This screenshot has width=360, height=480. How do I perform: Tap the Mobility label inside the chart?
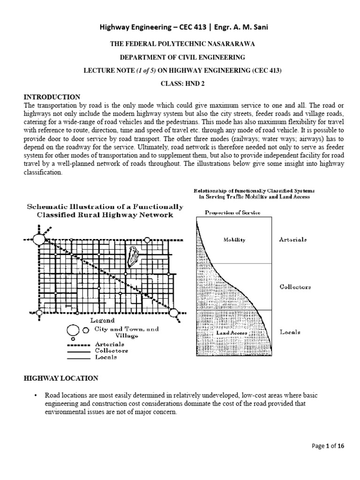pos(234,239)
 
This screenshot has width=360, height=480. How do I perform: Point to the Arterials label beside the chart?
pos(293,239)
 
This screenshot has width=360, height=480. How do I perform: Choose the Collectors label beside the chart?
pos(295,286)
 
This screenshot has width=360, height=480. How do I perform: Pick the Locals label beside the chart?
pos(290,332)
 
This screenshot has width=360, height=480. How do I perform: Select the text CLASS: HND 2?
pos(180,83)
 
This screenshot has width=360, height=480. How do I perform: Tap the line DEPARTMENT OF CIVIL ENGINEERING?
pos(180,57)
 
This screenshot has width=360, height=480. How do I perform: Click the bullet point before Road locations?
pos(36,395)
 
